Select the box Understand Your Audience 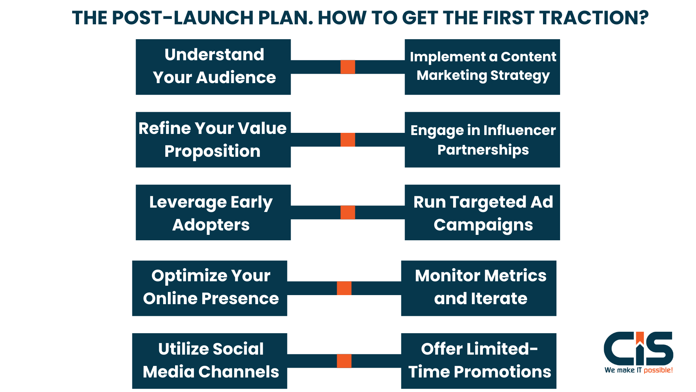[213, 67]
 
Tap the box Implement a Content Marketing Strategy [482, 67]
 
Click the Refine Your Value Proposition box [213, 140]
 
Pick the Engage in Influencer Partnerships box [482, 140]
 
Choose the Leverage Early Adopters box [213, 213]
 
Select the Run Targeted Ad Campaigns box [482, 213]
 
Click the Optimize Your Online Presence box [210, 288]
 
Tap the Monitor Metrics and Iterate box [478, 288]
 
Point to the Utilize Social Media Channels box [210, 361]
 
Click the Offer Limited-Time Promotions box [478, 361]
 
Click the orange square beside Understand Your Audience [348, 67]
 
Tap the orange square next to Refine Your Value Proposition [348, 140]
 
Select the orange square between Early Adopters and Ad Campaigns [348, 212]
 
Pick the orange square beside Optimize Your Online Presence [344, 288]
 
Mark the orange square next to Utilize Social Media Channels [344, 361]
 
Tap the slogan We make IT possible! [638, 370]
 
